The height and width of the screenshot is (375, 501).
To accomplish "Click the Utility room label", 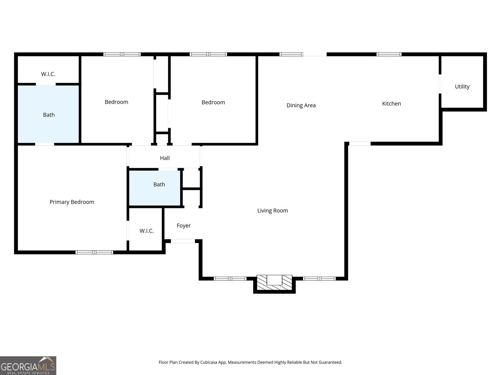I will coord(462,87).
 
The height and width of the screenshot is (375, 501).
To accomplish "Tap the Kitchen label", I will coord(391,103).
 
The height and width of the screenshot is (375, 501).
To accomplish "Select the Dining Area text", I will coord(301,105).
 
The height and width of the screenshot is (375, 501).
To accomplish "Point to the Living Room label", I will coord(272,211).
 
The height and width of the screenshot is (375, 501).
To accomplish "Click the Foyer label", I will coord(183,226).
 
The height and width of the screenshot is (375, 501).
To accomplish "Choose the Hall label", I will coord(165,158).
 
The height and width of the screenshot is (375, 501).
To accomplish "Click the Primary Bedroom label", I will coord(72,202).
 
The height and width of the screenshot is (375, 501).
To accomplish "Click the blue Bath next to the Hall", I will coord(159,184).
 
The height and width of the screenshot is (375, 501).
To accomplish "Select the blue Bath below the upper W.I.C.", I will coord(49,115).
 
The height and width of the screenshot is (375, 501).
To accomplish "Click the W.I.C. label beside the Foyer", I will coord(147,231).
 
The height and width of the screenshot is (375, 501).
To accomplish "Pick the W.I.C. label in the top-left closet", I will coord(48,74).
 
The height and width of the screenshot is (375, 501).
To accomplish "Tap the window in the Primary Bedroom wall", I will coord(94,252).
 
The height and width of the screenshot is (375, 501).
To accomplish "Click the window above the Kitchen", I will coord(389,54).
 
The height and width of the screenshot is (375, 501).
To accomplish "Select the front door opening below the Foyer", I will coord(183,241).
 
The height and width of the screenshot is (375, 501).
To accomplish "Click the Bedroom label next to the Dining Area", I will coord(213,102).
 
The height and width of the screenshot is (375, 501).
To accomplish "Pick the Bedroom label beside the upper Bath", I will coord(116,102).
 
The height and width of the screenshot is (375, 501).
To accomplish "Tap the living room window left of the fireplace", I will coord(230,278).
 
